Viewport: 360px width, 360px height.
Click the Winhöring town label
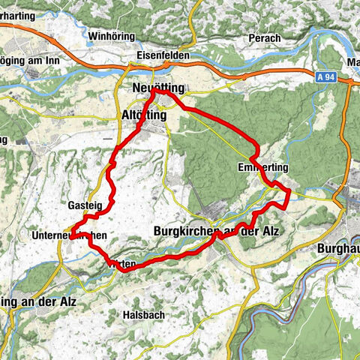coord(111,35)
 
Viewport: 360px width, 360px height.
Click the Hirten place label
coord(121,265)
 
